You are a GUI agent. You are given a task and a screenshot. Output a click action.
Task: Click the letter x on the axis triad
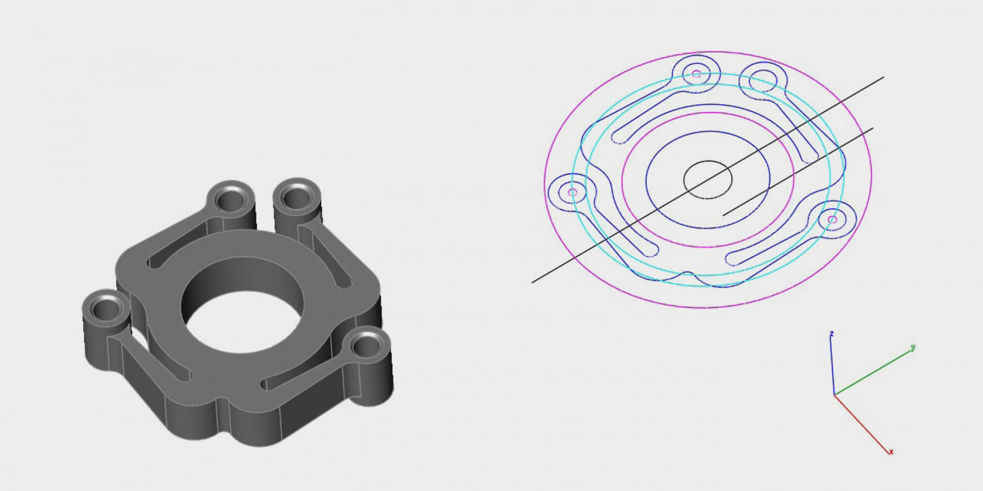[891, 452]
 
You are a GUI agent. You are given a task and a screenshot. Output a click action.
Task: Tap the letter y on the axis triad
[913, 348]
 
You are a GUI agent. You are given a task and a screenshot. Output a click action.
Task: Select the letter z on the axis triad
[831, 334]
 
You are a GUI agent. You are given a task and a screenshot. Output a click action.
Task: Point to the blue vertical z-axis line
[832, 364]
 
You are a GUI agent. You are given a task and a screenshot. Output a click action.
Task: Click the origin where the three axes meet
[834, 394]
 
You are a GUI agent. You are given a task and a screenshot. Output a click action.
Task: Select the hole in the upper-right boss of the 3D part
[297, 197]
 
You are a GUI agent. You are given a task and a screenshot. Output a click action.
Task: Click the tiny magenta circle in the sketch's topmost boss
[696, 74]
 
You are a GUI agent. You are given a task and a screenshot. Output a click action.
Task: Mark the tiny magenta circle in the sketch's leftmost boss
[572, 192]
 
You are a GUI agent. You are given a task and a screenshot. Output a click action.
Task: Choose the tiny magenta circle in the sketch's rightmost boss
[832, 219]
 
